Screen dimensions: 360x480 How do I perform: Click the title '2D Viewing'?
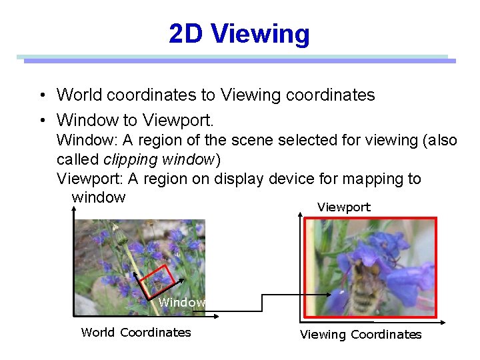coord(239,33)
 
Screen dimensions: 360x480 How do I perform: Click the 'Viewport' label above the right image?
coord(343,207)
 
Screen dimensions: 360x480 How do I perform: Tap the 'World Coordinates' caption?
coord(136,332)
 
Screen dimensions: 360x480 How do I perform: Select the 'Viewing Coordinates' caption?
coord(361,334)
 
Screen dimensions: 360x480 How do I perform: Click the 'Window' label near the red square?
coord(181,303)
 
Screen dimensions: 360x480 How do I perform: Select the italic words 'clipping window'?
coord(159,160)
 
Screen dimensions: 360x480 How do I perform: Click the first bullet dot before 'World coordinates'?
coord(42,95)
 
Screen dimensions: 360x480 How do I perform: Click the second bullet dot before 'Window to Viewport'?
coord(42,121)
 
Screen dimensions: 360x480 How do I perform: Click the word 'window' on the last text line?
coord(98,197)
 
